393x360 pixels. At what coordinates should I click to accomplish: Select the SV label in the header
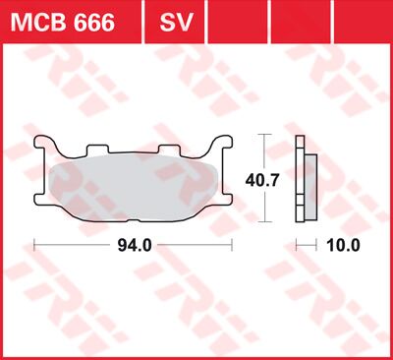(171, 21)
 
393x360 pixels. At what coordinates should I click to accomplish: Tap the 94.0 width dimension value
(134, 245)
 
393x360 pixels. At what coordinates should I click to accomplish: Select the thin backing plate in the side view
(300, 178)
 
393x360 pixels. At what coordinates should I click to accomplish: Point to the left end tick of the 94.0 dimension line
(35, 245)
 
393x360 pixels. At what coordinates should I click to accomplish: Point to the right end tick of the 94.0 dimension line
(231, 245)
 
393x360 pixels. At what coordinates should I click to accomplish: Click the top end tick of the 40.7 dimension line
(262, 134)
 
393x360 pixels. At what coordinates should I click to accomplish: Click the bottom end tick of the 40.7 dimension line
(262, 222)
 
